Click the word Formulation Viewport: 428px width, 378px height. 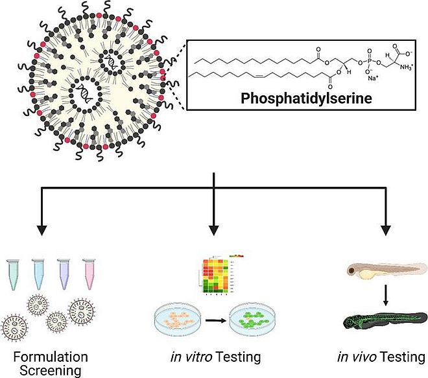coord(51,357)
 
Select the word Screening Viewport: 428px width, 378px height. coord(51,371)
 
